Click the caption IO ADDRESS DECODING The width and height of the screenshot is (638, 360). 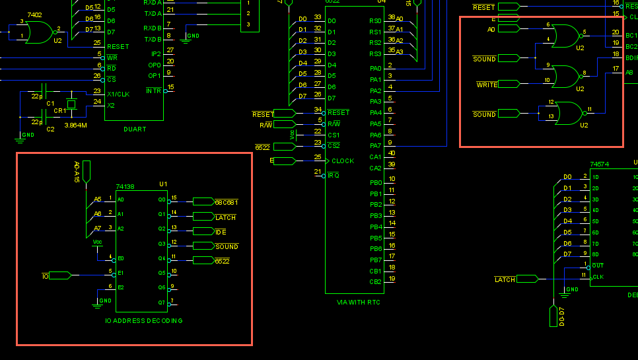(x=144, y=320)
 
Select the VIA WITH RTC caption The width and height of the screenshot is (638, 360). (x=359, y=302)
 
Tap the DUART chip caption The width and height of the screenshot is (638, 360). (x=134, y=129)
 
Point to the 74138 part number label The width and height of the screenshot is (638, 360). (x=125, y=187)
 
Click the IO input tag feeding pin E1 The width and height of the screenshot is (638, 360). (x=59, y=275)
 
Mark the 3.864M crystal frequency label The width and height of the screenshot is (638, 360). (x=76, y=125)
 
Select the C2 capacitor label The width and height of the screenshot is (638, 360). (x=50, y=129)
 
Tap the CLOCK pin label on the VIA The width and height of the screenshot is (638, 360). (x=343, y=161)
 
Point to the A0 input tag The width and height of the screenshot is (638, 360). (x=509, y=29)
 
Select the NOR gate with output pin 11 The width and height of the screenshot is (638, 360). (x=568, y=114)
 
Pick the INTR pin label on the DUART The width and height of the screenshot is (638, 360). (x=153, y=90)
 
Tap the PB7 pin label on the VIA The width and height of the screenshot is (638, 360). (x=376, y=260)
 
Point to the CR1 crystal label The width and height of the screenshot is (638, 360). (x=59, y=111)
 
